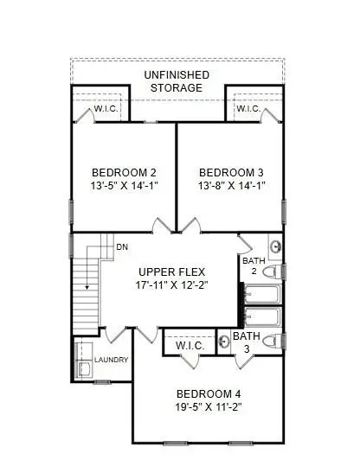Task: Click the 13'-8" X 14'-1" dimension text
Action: click(230, 185)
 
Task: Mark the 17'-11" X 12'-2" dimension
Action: click(170, 285)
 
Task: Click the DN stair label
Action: click(122, 247)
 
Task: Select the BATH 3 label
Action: click(246, 342)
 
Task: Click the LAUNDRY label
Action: click(112, 360)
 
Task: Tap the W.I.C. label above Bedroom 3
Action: click(248, 109)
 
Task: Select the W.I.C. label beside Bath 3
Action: click(189, 346)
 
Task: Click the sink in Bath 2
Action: click(275, 246)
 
